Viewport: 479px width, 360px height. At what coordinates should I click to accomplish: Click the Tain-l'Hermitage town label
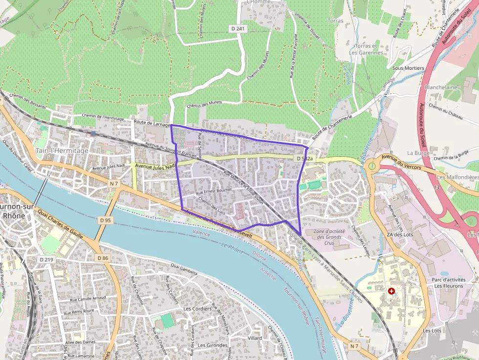62,150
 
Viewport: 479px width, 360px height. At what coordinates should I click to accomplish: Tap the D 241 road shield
239,29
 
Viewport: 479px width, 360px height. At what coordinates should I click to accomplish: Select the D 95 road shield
105,220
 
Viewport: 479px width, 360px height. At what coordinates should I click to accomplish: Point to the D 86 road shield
102,258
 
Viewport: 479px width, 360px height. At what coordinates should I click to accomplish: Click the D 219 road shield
46,259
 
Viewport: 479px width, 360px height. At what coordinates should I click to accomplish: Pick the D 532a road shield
305,159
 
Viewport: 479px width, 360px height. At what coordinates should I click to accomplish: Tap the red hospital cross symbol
391,291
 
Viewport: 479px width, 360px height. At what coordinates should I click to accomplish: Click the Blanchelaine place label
441,87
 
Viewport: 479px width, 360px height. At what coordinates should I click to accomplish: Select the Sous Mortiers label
408,68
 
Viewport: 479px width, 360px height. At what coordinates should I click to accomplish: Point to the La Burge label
418,152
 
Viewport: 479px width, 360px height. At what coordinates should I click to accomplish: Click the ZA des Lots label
400,234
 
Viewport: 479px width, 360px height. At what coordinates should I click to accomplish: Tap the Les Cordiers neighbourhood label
197,309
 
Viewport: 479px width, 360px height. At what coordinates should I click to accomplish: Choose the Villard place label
255,338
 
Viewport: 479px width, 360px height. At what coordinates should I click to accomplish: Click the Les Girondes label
213,345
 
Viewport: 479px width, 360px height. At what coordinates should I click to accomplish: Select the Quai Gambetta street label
184,269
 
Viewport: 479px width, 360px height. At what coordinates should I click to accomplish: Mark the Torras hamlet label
335,21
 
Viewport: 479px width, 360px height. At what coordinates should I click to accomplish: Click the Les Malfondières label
457,177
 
